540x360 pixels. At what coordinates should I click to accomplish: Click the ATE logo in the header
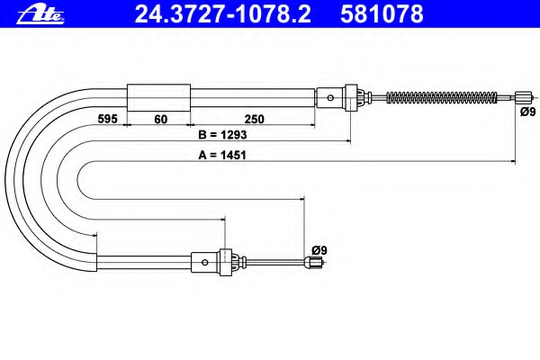coord(40,15)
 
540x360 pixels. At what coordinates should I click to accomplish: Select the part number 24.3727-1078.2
coord(222,13)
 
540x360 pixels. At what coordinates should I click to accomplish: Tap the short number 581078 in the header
coord(382,13)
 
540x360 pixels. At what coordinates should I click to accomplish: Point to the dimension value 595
coord(107,119)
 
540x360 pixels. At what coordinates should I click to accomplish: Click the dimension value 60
coord(160,119)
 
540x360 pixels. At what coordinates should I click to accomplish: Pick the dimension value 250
coord(254,119)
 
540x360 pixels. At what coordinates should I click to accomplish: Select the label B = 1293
coord(222,135)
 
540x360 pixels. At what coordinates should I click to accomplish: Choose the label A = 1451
coord(222,155)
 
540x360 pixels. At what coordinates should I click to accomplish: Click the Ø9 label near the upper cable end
coord(528,112)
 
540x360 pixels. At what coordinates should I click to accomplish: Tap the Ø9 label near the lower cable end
coord(319,250)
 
